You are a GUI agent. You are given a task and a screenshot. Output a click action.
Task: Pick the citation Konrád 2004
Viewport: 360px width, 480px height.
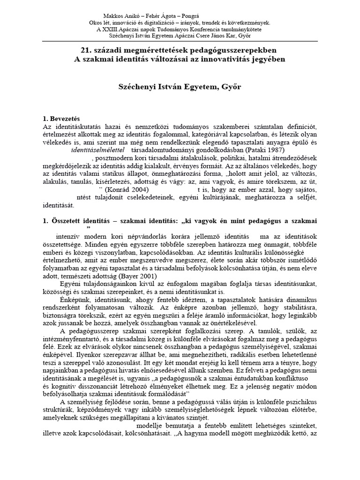click(127, 189)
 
